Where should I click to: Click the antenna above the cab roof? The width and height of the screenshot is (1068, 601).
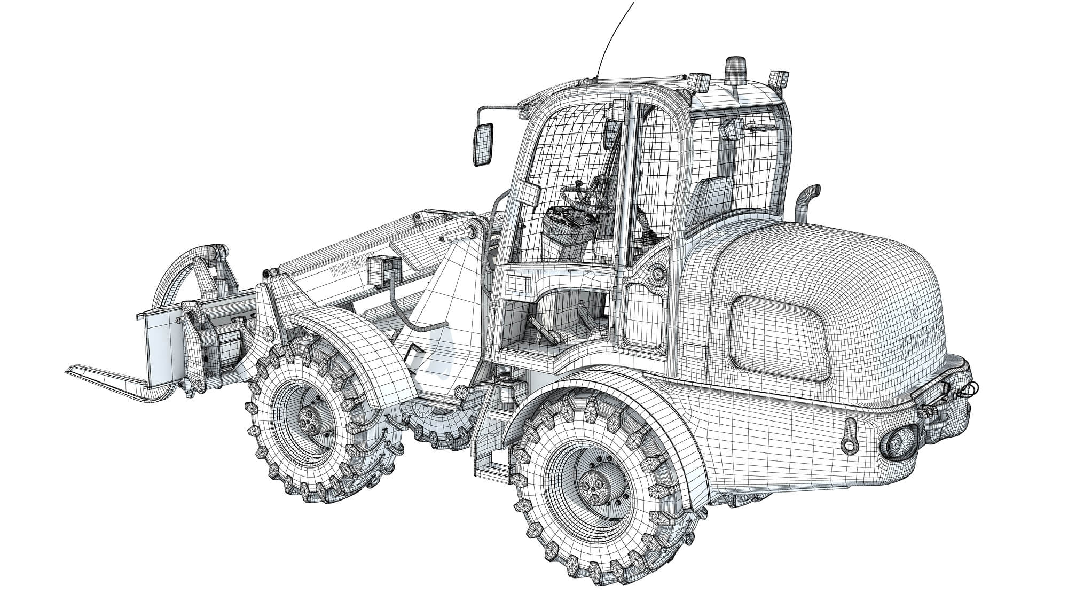point(614,37)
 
